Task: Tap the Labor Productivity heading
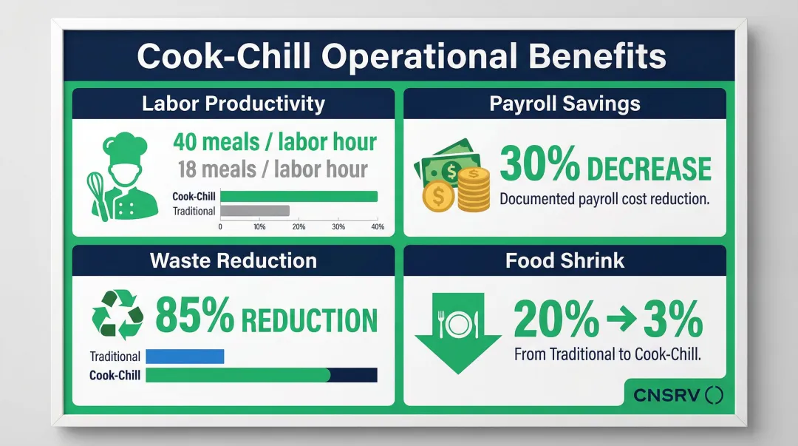(x=233, y=104)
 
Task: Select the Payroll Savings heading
(x=565, y=104)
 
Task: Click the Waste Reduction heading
(x=233, y=260)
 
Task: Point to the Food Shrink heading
(x=565, y=260)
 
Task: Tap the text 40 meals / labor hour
(x=274, y=141)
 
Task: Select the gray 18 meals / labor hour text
(x=273, y=169)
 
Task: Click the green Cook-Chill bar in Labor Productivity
(x=299, y=196)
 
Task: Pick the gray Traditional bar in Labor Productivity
(x=255, y=211)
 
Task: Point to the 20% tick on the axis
(x=299, y=227)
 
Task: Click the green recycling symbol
(x=117, y=315)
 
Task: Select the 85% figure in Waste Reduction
(x=194, y=318)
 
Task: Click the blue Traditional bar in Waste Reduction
(x=185, y=357)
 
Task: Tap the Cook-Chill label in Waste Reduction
(x=115, y=375)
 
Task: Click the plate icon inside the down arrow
(x=459, y=322)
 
